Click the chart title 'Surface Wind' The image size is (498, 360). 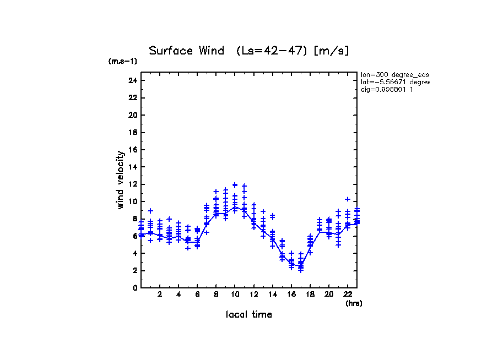(x=187, y=51)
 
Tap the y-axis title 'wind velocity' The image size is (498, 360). (x=121, y=180)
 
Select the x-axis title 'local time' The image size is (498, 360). (x=248, y=314)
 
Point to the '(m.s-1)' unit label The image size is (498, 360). (x=122, y=61)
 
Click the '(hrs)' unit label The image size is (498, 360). (x=354, y=303)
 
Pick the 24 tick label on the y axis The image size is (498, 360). (x=132, y=80)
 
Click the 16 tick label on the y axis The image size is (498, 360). (x=132, y=150)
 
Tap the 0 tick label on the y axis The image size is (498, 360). (x=134, y=287)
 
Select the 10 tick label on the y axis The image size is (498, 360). (x=132, y=201)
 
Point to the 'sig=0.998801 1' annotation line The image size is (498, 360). (x=387, y=89)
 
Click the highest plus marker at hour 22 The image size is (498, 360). (x=348, y=199)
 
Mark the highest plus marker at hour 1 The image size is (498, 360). (x=150, y=211)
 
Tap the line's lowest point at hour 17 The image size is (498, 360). (x=301, y=266)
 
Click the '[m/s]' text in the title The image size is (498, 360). (x=331, y=51)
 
